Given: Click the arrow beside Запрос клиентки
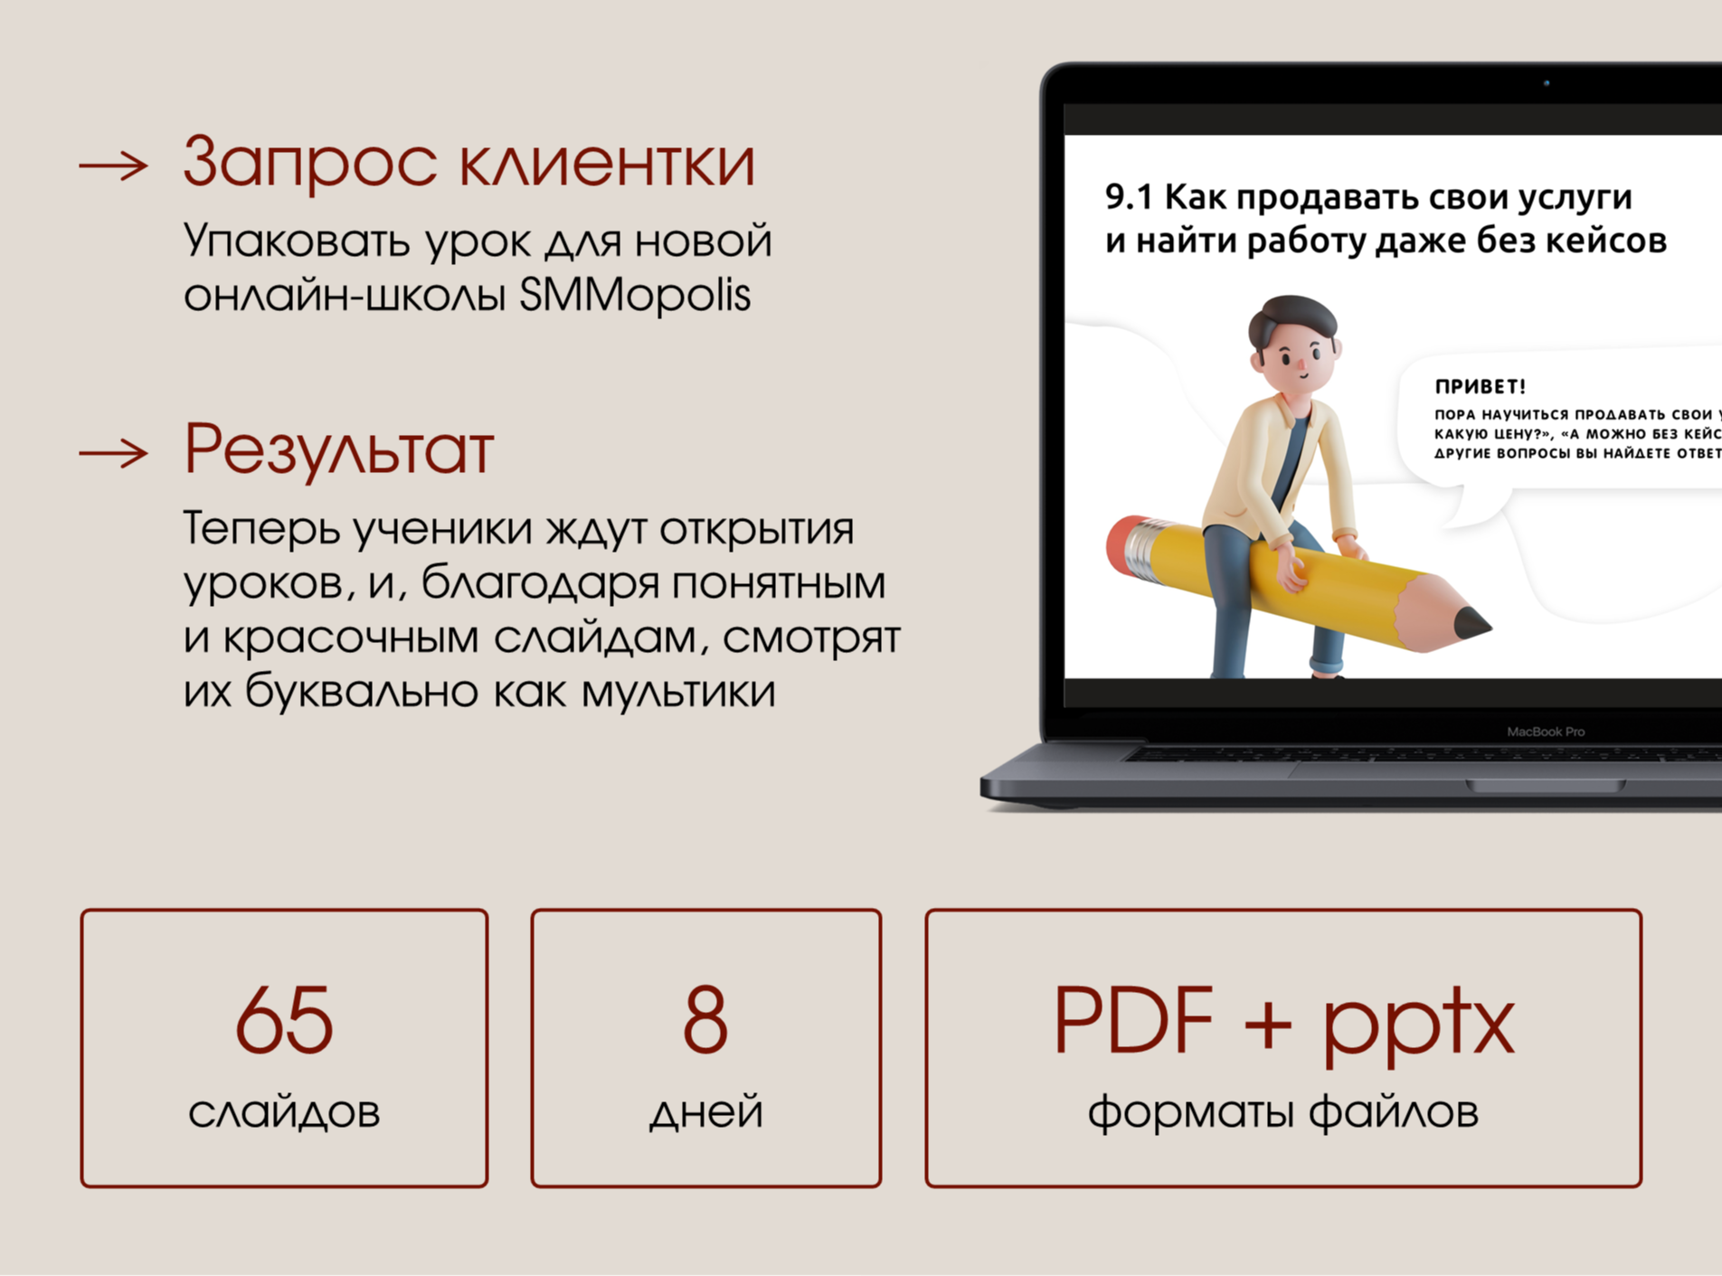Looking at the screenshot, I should coord(114,165).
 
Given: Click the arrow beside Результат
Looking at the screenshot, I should coord(114,452).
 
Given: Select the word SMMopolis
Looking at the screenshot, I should coord(635,295).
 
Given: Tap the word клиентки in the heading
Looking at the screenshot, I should coord(606,164).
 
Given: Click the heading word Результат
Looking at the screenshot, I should coord(339,449).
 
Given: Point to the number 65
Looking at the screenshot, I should coord(284,1021).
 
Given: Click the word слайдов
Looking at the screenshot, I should coord(284,1111).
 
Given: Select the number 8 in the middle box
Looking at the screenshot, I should coord(705,1021).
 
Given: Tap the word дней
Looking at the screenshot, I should coord(706,1111).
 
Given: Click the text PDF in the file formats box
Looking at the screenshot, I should coord(1132,1021).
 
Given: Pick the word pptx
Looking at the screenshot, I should coord(1418,1026).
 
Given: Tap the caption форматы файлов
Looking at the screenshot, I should coord(1282,1111).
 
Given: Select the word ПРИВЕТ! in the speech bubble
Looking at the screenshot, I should coord(1481,387).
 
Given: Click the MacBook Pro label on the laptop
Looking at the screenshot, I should coord(1546,732).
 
